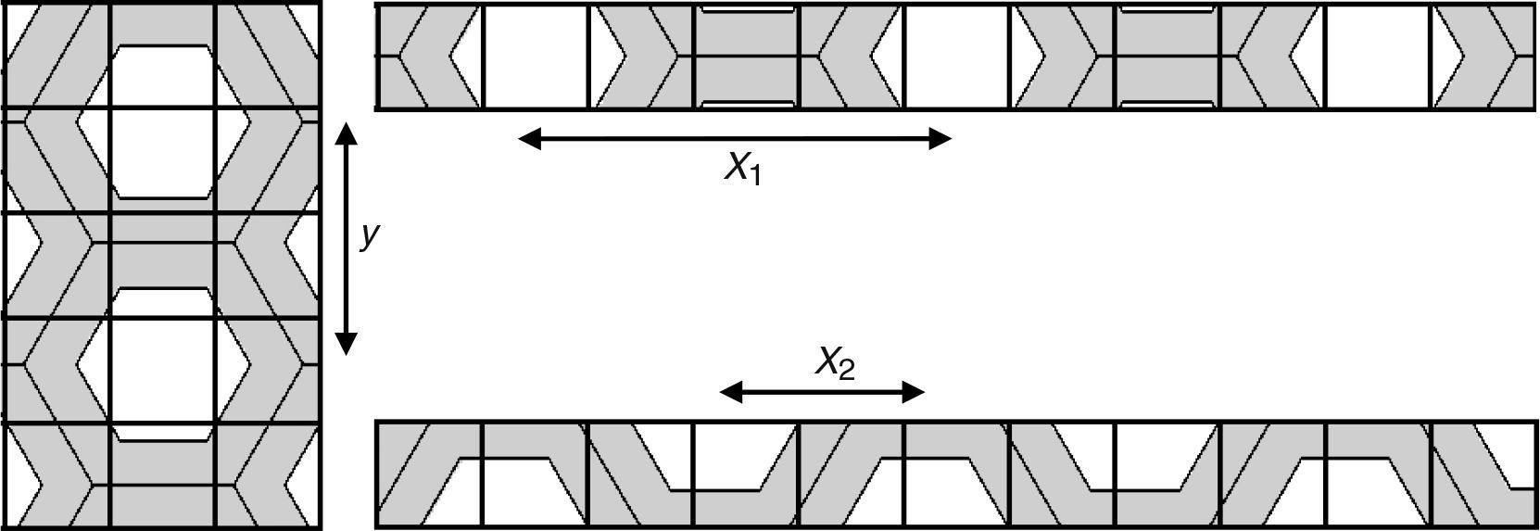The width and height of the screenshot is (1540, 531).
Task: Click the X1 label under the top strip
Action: point(742,170)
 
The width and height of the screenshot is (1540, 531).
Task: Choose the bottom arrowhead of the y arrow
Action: point(346,345)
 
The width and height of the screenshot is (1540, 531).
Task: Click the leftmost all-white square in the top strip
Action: point(536,57)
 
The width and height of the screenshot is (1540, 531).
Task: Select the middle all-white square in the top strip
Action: point(956,57)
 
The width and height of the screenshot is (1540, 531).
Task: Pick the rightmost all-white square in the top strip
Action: point(1378,57)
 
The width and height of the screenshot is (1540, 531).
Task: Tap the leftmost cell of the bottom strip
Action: point(429,474)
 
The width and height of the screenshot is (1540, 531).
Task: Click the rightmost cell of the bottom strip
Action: point(1483,474)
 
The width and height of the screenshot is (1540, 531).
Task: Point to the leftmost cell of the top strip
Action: point(429,57)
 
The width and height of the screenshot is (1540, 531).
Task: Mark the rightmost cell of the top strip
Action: point(1483,57)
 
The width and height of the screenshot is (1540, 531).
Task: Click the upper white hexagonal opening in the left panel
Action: point(162,120)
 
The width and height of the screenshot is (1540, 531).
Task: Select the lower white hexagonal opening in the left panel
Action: point(162,363)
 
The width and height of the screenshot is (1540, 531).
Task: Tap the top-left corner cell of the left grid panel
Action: point(57,56)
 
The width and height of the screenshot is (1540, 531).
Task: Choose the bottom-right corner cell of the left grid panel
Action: point(268,476)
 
